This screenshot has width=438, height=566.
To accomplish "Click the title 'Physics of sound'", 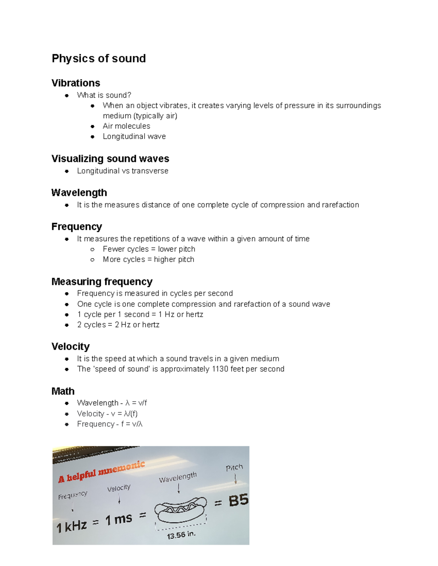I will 99,58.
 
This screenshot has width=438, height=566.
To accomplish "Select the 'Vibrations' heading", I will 76,83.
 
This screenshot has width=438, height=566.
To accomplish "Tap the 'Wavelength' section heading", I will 79,192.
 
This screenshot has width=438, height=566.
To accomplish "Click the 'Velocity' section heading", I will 70,346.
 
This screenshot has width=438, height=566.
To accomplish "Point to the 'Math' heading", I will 63,391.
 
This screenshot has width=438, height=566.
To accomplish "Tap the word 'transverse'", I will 150,171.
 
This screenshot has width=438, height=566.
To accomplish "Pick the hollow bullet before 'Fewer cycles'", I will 92,249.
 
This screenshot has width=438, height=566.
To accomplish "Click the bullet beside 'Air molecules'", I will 92,126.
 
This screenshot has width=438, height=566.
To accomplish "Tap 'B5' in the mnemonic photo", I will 238,500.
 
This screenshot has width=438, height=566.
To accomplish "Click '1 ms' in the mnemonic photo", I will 119,519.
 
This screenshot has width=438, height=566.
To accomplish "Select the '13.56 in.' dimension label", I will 181,535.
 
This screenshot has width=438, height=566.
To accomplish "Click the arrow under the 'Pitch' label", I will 235,479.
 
